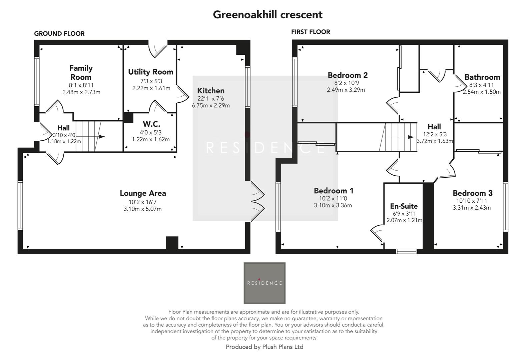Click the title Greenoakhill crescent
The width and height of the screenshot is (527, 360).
point(268,15)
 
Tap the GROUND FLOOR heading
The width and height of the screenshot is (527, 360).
point(59,34)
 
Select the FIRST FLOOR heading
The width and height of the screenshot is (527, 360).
point(311,32)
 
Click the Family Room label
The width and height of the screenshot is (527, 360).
point(81,72)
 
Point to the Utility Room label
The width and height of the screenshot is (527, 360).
point(151,72)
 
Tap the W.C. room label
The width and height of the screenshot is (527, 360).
point(151,124)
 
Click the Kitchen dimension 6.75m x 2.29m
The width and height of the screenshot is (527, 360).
point(211,106)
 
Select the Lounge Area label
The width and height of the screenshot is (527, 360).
point(143,193)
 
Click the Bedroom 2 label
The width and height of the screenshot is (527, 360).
point(348,75)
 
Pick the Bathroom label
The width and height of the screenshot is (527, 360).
point(482,77)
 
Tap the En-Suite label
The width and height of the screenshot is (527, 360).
point(404,206)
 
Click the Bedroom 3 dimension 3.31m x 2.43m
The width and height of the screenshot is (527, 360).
point(472,208)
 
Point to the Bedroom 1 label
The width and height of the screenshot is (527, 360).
point(334,191)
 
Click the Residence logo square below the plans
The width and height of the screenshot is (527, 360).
point(265,283)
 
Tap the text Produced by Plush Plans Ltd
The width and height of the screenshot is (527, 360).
point(265,347)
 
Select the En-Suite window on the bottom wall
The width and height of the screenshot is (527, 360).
point(407,251)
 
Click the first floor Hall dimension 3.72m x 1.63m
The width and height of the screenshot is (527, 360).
point(435,141)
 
